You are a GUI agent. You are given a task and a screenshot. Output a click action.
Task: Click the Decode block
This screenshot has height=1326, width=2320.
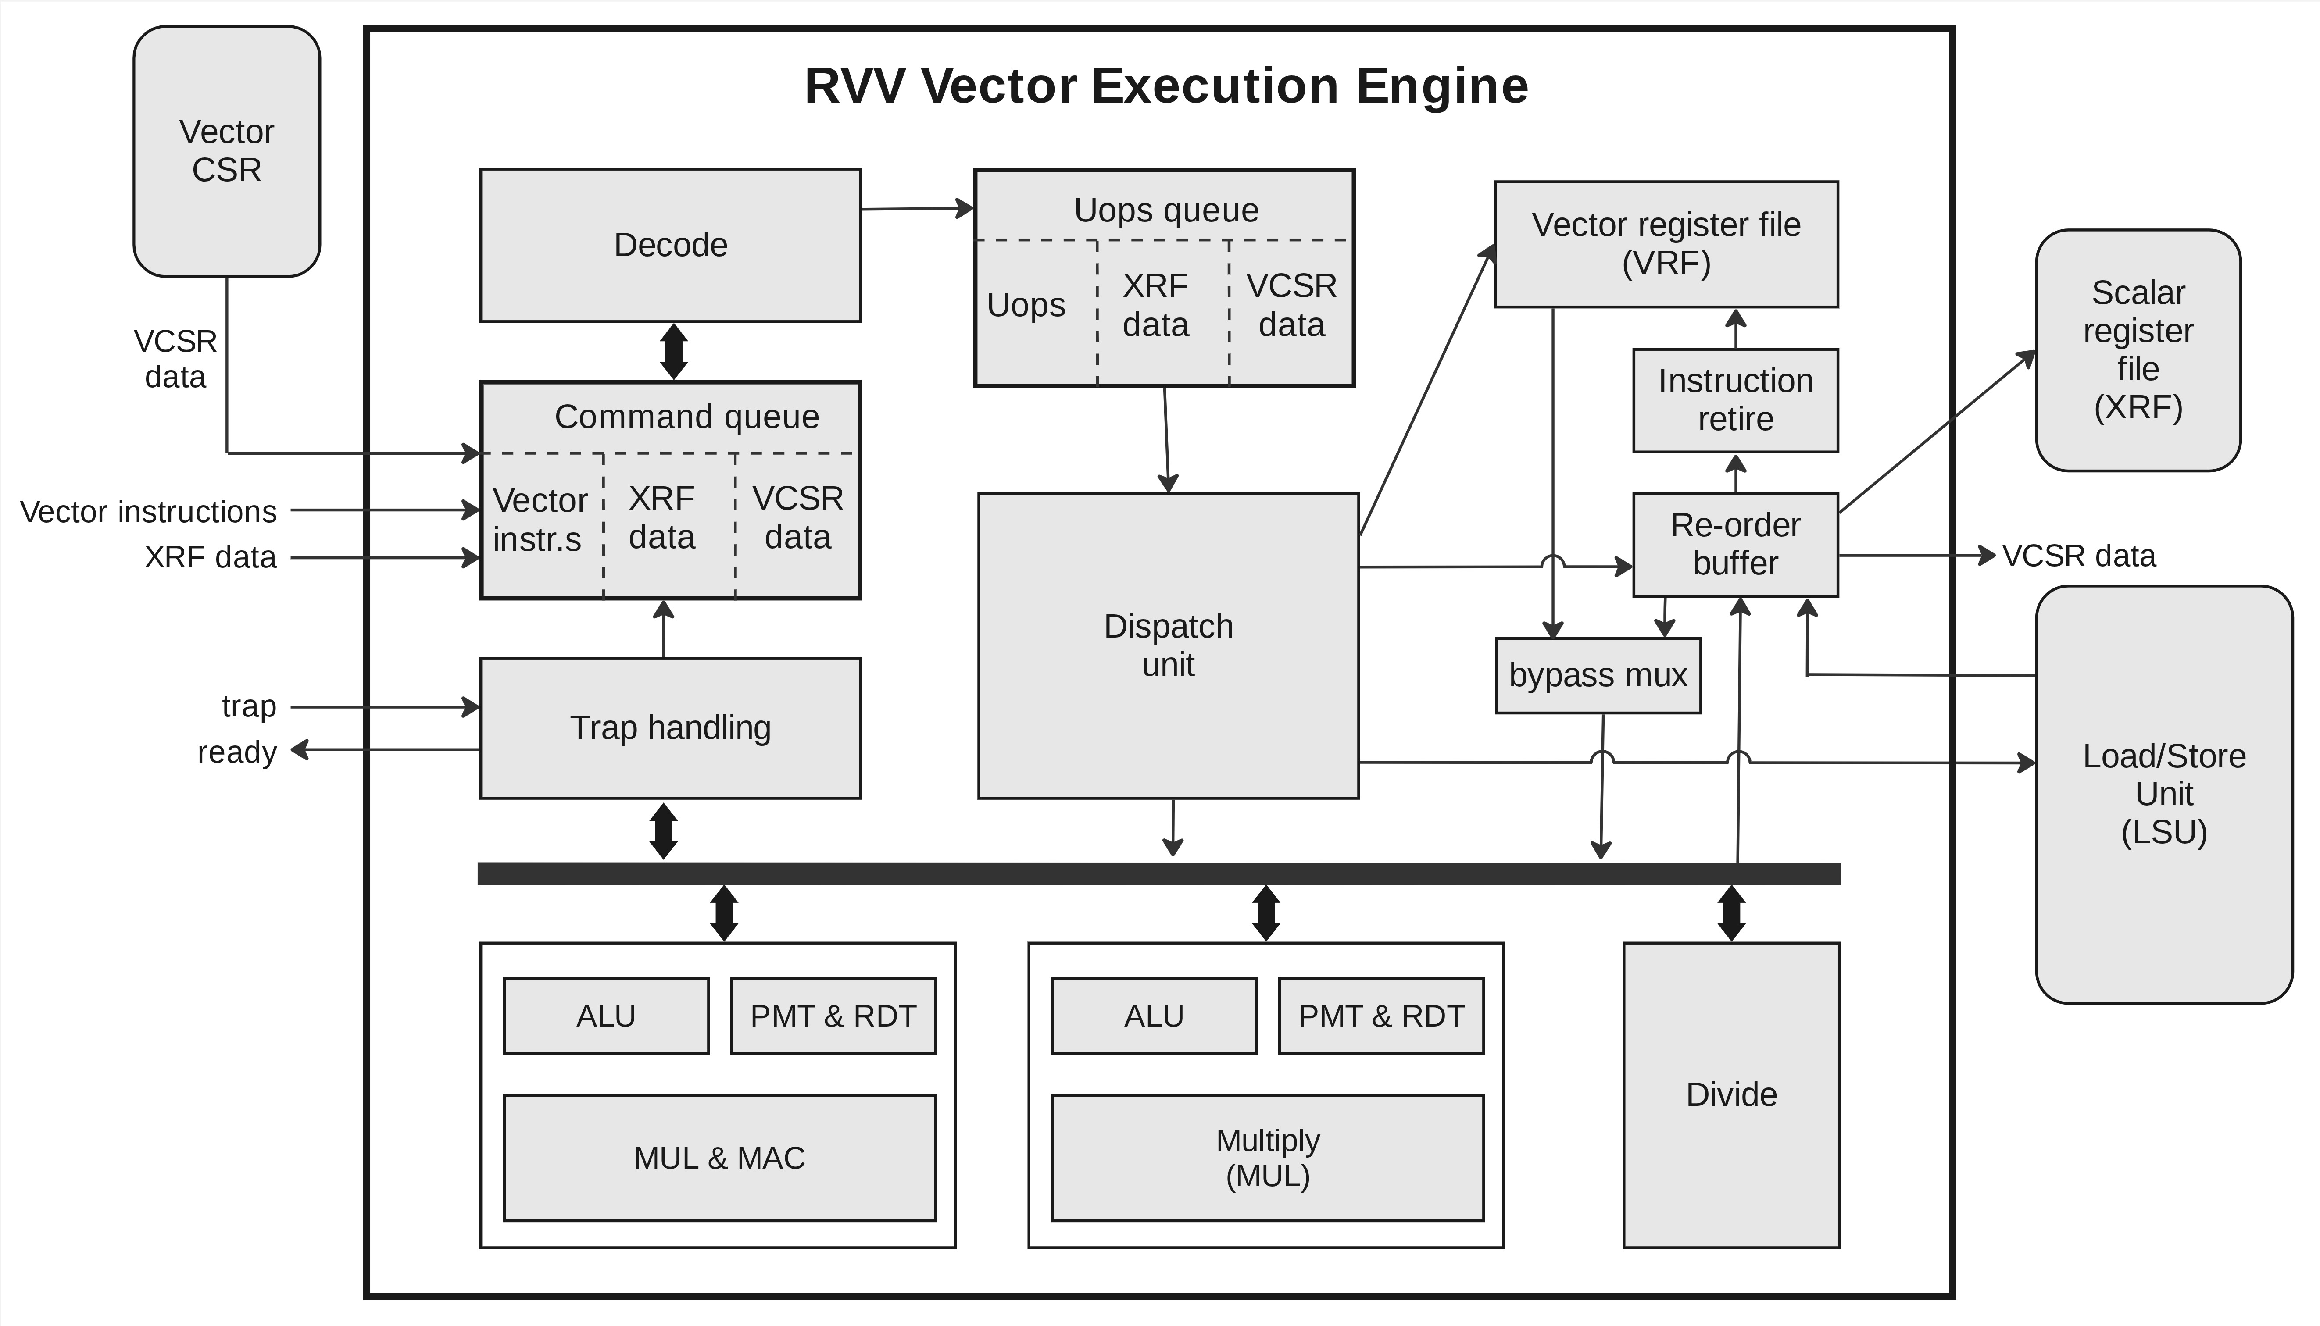(x=670, y=245)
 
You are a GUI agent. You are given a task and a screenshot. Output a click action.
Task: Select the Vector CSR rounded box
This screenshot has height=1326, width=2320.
(x=227, y=151)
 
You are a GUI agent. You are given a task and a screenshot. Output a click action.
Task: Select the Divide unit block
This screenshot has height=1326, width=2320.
(x=1730, y=1094)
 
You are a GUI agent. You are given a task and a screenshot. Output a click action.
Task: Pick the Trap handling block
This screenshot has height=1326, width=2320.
(x=670, y=727)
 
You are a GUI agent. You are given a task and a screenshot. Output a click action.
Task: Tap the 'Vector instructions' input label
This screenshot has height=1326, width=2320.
(x=148, y=512)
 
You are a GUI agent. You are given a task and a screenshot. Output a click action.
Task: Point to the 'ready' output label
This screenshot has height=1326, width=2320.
(x=237, y=752)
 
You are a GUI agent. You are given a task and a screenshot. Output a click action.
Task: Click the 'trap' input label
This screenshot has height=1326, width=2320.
(x=249, y=706)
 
